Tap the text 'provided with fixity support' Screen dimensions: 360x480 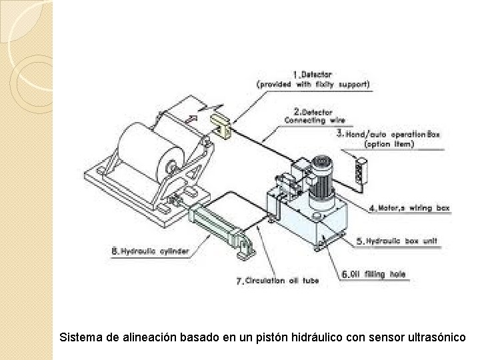point(314,85)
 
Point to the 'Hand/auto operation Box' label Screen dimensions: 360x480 point(388,133)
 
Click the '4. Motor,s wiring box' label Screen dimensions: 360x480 point(409,208)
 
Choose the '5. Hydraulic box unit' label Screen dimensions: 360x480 point(398,241)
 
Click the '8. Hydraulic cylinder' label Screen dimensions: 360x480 point(149,251)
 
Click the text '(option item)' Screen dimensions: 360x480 point(389,144)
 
